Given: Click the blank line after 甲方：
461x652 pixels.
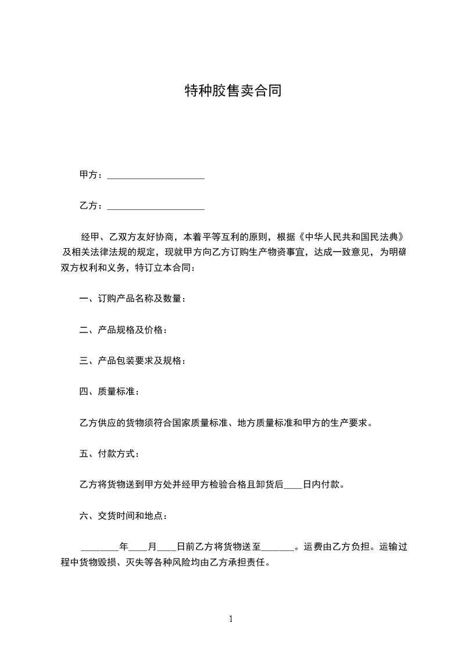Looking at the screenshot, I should (156, 175).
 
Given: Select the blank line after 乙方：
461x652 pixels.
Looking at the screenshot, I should (156, 206).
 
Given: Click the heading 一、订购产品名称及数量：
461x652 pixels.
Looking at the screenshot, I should (133, 299).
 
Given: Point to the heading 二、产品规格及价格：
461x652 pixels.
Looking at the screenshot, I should (123, 330).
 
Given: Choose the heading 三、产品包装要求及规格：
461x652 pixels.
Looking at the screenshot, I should (133, 361).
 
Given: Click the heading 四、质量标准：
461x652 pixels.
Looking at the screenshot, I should (109, 392).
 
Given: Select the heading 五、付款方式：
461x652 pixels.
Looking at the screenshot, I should (109, 453).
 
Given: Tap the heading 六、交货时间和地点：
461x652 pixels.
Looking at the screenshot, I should (123, 515).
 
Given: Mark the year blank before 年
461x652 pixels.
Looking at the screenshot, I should (99, 547).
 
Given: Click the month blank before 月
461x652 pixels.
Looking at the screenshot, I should (138, 547).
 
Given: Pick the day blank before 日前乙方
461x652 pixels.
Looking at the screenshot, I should (167, 547).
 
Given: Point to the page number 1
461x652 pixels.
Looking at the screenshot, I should (231, 619).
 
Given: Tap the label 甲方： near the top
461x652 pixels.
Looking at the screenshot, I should (91, 175).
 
